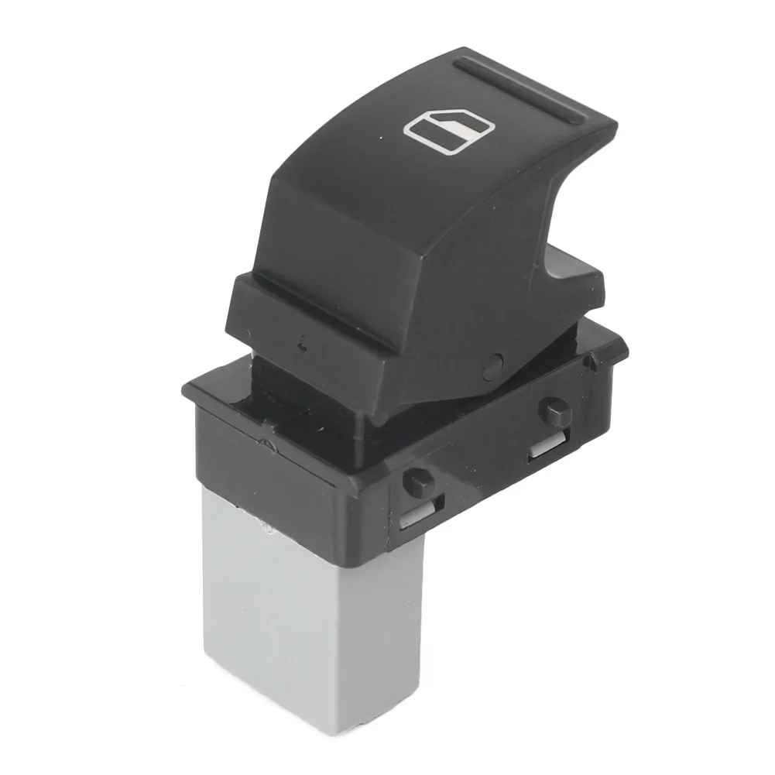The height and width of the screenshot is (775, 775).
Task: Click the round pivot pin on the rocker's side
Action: tap(492, 363)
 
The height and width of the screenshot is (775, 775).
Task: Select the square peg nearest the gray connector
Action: tap(417, 482)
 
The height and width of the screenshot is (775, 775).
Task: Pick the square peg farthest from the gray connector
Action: tap(557, 411)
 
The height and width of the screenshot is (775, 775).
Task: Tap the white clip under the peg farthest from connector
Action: tap(546, 447)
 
